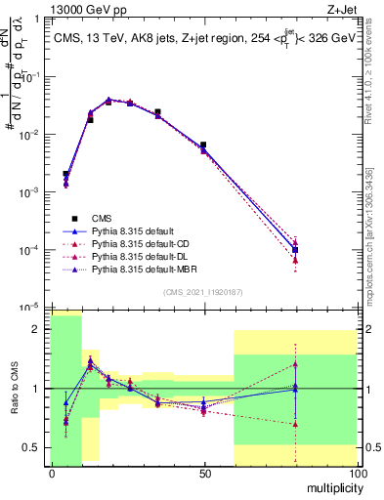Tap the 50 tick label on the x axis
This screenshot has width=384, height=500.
point(203,474)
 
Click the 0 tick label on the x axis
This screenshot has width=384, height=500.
point(51,474)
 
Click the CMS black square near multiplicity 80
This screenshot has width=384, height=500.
point(295,249)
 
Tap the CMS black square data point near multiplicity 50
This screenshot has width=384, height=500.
point(203,145)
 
